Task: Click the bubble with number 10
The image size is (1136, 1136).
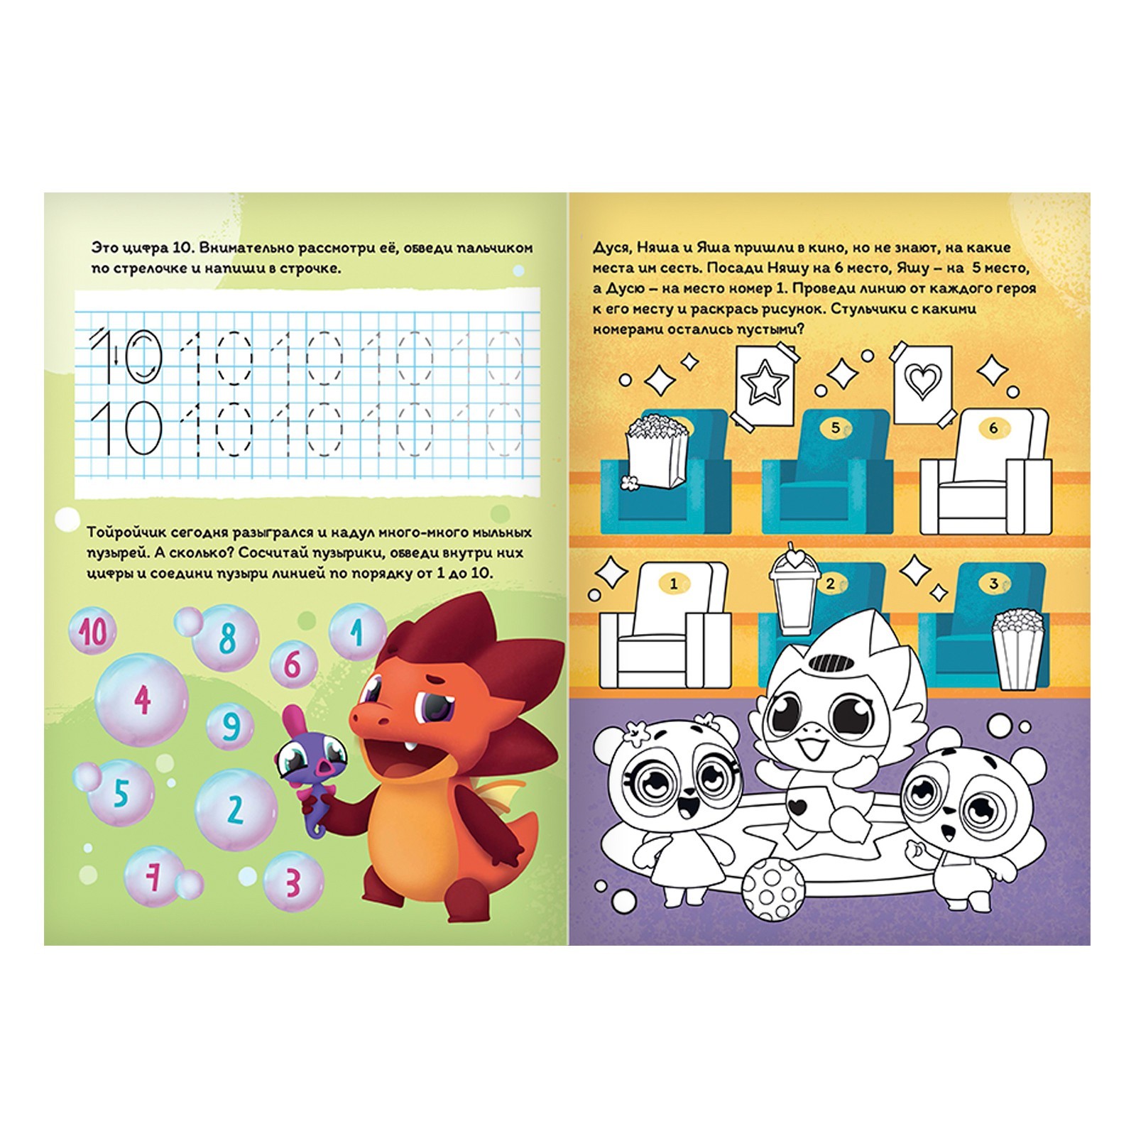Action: pyautogui.click(x=94, y=631)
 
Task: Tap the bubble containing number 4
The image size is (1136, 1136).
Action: pyautogui.click(x=142, y=699)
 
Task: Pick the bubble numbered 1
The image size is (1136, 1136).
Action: pyautogui.click(x=356, y=630)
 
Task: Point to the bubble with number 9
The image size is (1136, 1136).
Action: pyautogui.click(x=231, y=726)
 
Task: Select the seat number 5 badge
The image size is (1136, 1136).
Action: pyautogui.click(x=836, y=428)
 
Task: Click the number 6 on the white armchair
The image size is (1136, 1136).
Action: pyautogui.click(x=993, y=428)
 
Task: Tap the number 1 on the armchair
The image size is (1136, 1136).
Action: pyautogui.click(x=674, y=584)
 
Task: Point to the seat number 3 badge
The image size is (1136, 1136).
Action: pyautogui.click(x=993, y=584)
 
